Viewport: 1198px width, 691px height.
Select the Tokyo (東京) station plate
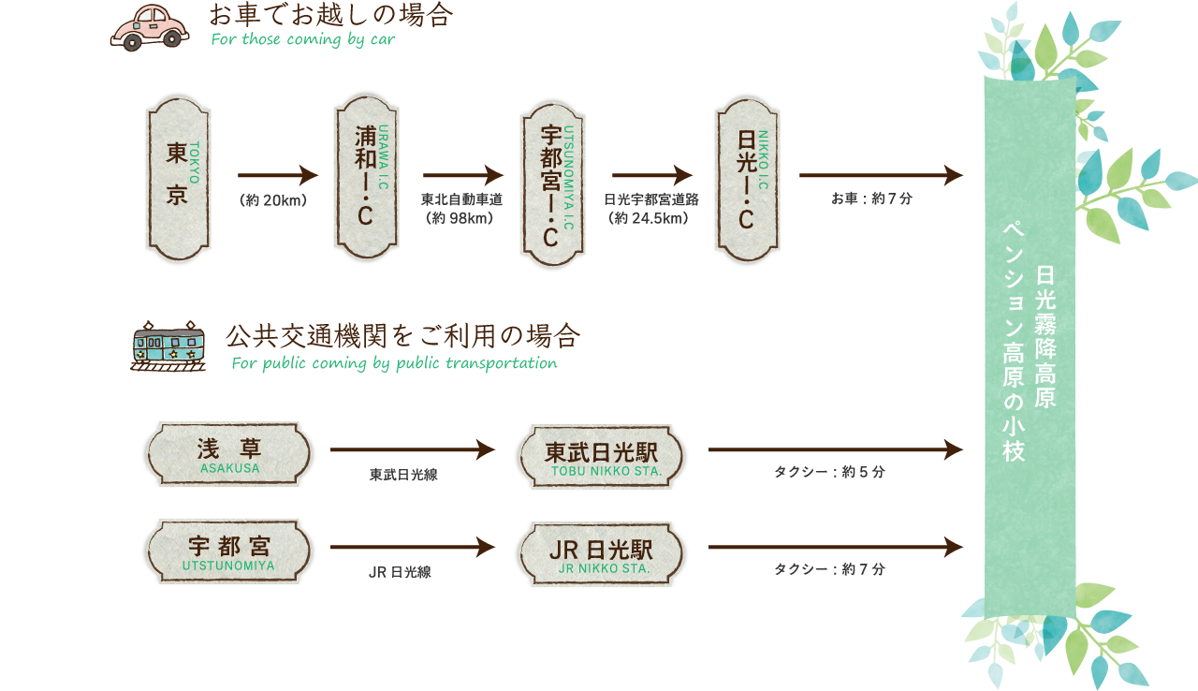click(x=178, y=179)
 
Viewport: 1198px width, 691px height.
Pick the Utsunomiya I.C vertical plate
click(x=552, y=184)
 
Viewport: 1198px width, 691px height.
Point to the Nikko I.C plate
click(x=747, y=179)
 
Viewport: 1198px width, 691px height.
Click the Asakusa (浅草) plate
click(x=228, y=454)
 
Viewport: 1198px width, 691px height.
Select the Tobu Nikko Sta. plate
click(x=601, y=457)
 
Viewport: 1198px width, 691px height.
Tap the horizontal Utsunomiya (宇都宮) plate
click(x=228, y=551)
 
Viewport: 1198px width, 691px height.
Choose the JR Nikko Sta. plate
click(x=601, y=554)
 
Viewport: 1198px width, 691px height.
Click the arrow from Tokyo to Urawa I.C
click(x=278, y=175)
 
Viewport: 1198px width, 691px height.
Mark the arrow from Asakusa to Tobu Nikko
click(x=413, y=450)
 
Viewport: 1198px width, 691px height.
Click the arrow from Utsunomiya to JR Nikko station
click(x=413, y=547)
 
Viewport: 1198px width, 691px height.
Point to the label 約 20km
click(x=274, y=200)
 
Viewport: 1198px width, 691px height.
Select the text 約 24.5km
click(x=650, y=218)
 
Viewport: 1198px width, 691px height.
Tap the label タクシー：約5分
click(x=829, y=472)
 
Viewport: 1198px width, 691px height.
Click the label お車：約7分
click(x=871, y=198)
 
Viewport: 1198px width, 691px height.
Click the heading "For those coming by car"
click(x=303, y=39)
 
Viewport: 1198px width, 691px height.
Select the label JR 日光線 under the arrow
click(x=400, y=572)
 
